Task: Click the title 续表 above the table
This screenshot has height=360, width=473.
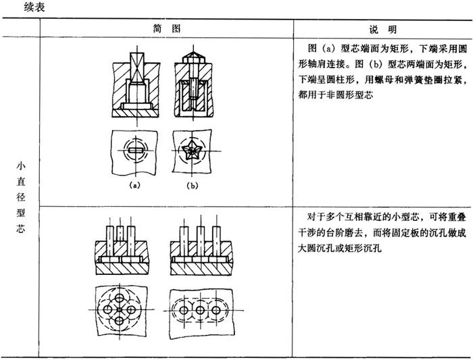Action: pyautogui.click(x=34, y=7)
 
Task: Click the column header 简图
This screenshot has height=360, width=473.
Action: pyautogui.click(x=166, y=28)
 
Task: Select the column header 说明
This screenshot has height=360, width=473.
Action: pyautogui.click(x=383, y=29)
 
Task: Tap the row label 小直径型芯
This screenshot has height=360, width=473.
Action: pyautogui.click(x=21, y=197)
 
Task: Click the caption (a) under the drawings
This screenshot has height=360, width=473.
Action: pyautogui.click(x=134, y=185)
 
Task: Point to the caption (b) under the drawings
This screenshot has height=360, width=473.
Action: pyautogui.click(x=192, y=186)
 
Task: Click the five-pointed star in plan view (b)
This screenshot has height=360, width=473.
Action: pyautogui.click(x=189, y=151)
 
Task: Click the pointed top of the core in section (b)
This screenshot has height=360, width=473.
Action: pyautogui.click(x=193, y=54)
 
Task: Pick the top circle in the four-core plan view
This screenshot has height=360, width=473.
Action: pyautogui.click(x=119, y=298)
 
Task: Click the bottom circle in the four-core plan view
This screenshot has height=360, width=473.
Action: pyautogui.click(x=120, y=321)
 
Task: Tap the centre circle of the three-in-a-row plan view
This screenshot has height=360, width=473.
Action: pyautogui.click(x=200, y=310)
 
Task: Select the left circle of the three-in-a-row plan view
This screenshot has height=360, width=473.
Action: pyautogui.click(x=183, y=310)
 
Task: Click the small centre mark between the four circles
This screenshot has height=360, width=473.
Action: pyautogui.click(x=120, y=309)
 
